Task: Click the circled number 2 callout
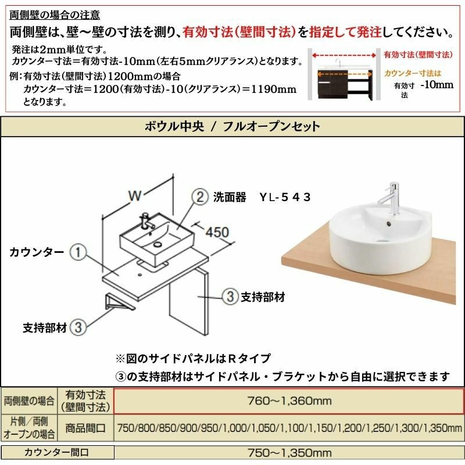pos(201,197)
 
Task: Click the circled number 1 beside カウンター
pos(78,252)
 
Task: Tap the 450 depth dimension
pos(217,232)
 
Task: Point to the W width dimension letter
pos(134,195)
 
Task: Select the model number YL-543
pos(285,197)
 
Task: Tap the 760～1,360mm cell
pos(289,401)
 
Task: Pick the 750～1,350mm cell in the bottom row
pos(289,453)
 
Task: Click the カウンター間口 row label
pos(56,453)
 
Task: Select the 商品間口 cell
pos(85,428)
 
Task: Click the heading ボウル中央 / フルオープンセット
pos(232,127)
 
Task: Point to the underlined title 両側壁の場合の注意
pos(55,15)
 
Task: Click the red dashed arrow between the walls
pos(344,55)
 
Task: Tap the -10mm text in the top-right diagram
pos(437,85)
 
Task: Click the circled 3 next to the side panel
pos(230,296)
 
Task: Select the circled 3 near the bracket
pos(78,327)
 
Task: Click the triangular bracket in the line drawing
pos(119,303)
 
